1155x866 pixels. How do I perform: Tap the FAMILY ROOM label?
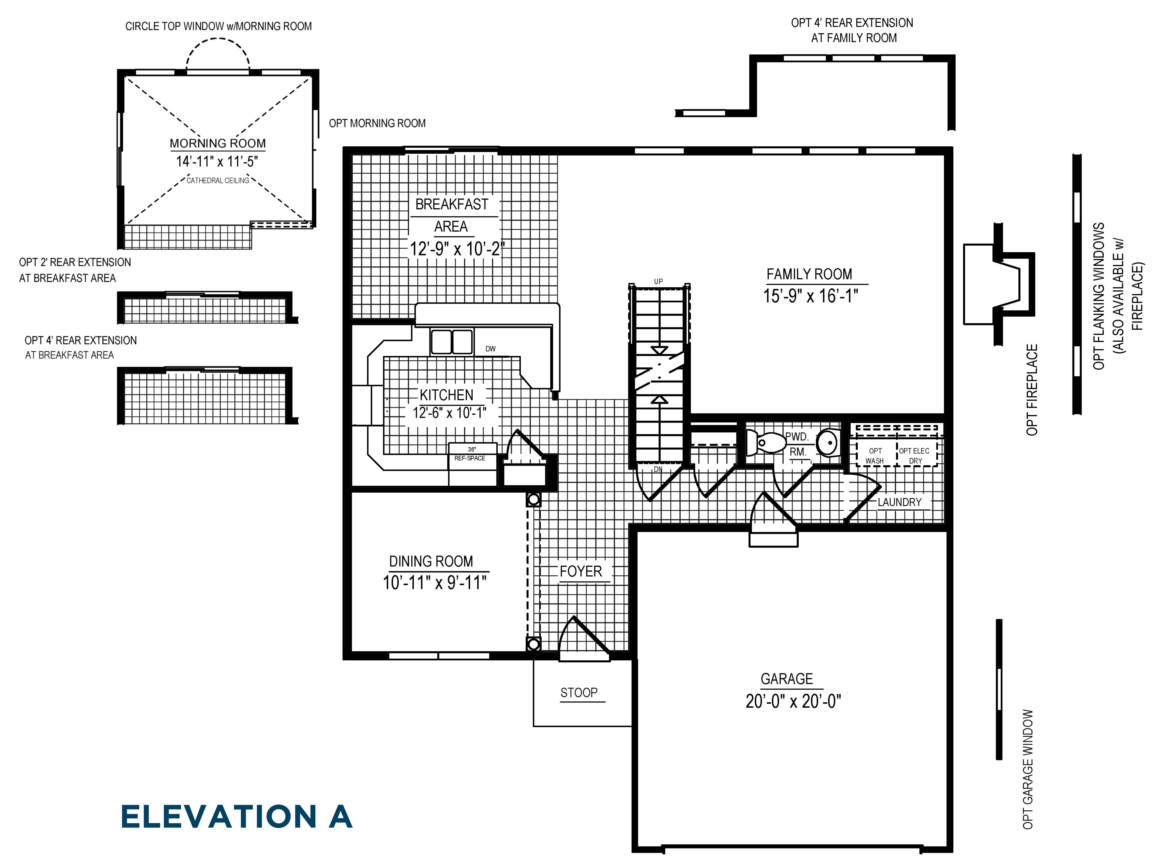(x=809, y=274)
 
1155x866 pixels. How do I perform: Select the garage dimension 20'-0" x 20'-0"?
(x=793, y=701)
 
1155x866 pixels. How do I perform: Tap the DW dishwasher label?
(x=490, y=349)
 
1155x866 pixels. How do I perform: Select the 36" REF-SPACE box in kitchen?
(x=472, y=454)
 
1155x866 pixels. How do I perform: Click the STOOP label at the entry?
(x=579, y=693)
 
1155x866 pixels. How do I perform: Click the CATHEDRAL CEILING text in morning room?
(x=218, y=181)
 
